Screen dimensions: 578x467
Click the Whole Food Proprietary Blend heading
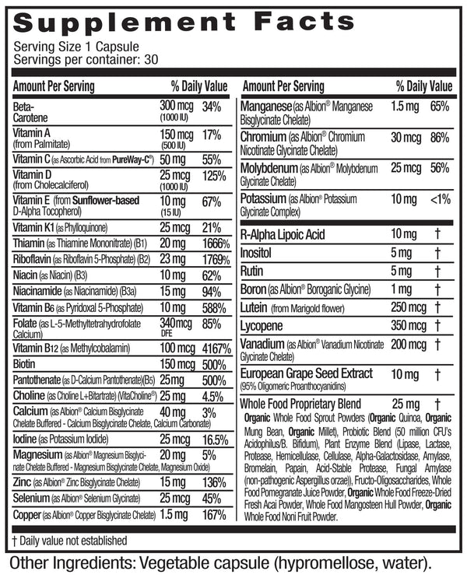click(300, 405)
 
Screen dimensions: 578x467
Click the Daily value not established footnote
click(69, 540)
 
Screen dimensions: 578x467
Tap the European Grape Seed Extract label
click(307, 374)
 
